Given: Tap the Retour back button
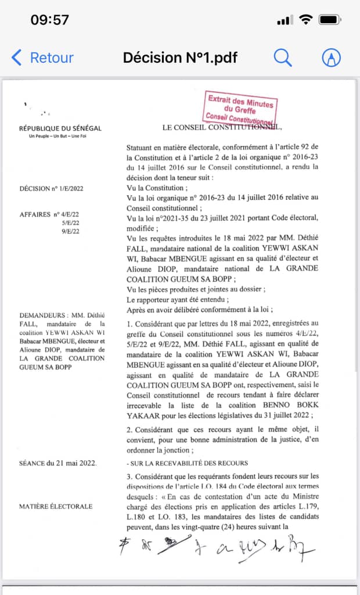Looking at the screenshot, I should tap(43, 58).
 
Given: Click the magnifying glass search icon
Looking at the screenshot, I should tap(282, 57).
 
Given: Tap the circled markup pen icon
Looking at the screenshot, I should tap(331, 57).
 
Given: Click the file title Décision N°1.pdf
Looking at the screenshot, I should tap(180, 58).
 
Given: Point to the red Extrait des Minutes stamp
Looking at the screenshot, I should tap(240, 107).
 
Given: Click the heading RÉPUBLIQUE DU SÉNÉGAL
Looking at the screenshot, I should tap(60, 128).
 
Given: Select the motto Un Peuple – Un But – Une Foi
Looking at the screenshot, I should tap(60, 137).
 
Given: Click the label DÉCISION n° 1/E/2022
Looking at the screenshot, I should tap(52, 188).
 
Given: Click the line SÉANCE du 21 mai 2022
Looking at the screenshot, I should tap(57, 463).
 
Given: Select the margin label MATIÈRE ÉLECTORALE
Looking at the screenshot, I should tap(56, 506).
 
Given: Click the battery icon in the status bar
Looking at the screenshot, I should tap(330, 20).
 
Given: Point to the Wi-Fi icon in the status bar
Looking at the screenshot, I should tap(305, 20).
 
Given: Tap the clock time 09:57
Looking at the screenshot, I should tap(49, 20).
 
